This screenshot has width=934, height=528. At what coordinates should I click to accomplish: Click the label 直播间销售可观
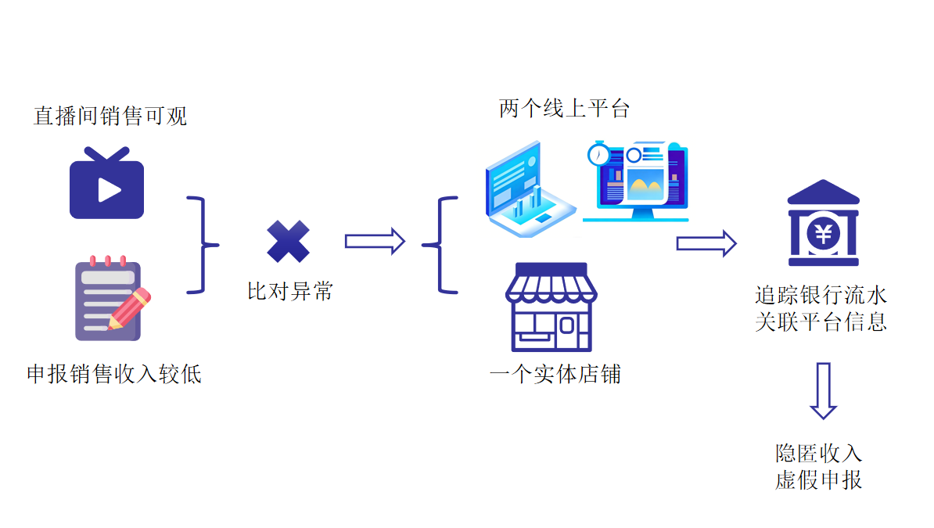pos(110,117)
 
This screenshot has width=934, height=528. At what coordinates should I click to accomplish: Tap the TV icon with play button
pos(106,185)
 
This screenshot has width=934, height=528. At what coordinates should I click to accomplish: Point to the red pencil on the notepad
pos(130,308)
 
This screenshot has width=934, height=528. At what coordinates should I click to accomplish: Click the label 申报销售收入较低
pos(114,374)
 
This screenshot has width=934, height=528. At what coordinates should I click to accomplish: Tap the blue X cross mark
pos(288,242)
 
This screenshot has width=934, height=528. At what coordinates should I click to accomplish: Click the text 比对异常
pos(290,292)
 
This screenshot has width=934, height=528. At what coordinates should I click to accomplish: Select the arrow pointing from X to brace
pos(375,241)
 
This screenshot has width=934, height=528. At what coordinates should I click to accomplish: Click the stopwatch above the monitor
pos(598,153)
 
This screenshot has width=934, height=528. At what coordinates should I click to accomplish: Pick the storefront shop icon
pos(551,307)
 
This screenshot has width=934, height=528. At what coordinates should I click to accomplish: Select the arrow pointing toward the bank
pos(706,244)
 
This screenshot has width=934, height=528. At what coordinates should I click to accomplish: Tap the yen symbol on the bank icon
pos(823,232)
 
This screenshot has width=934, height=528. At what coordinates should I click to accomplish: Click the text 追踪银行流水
pos(821,296)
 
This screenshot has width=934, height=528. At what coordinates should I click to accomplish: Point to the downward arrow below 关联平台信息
pos(823,390)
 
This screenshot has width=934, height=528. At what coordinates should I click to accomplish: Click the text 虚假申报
pos(818,480)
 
